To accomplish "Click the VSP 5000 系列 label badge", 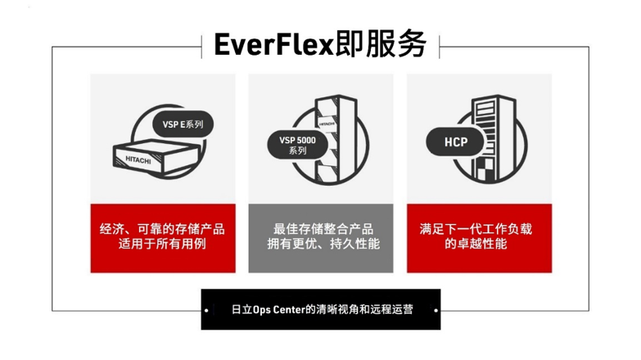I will pyautogui.click(x=291, y=145).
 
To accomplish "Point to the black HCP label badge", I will pyautogui.click(x=455, y=142).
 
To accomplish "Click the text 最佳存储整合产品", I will pyautogui.click(x=320, y=228).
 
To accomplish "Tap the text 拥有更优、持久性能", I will pyautogui.click(x=320, y=244).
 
